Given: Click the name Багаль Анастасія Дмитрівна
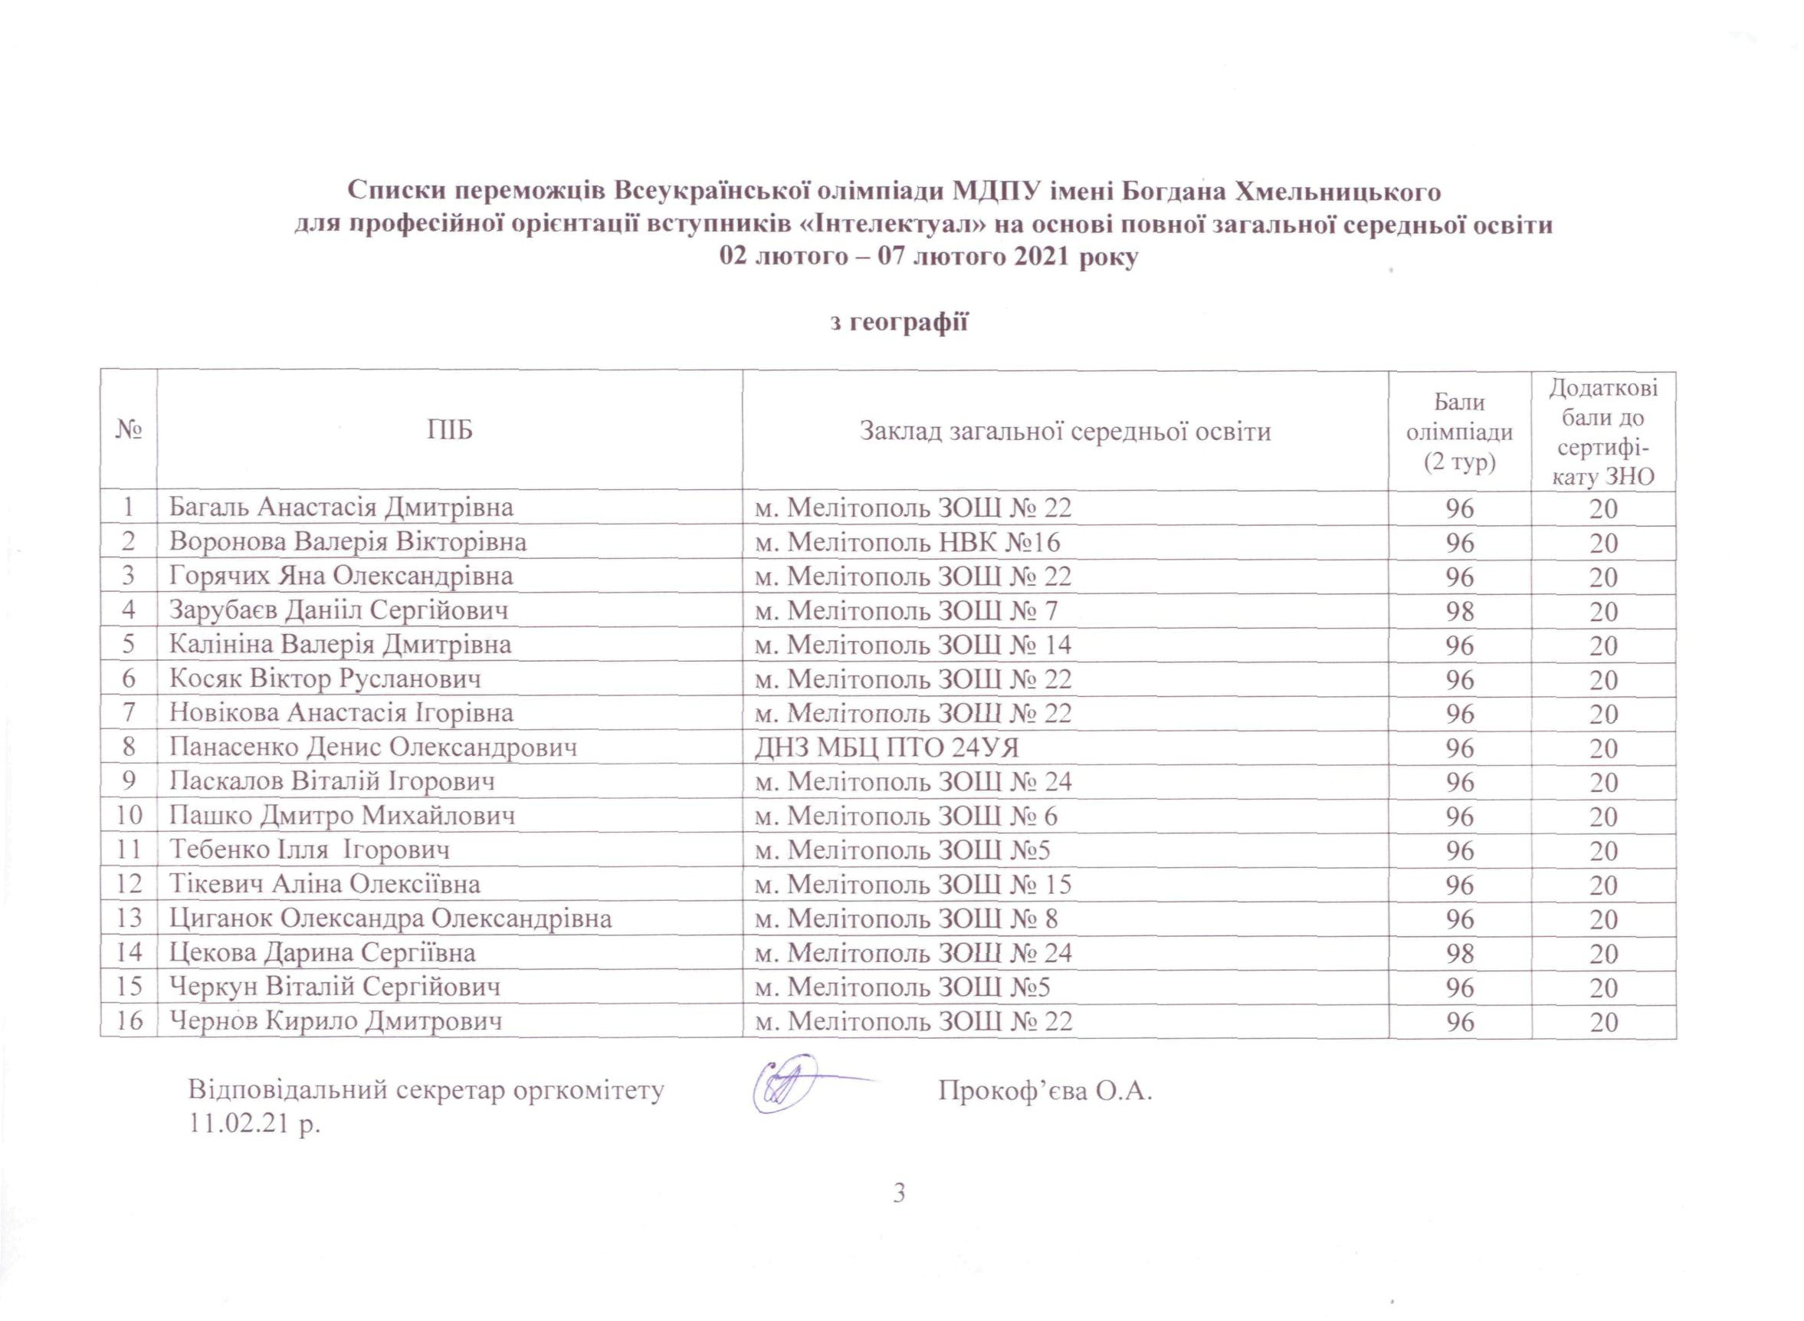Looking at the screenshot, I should [x=340, y=507].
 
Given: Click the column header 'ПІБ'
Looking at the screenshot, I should [x=449, y=431].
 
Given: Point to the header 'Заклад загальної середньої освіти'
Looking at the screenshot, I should [x=1064, y=431].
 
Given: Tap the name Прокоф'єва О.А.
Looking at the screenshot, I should [x=1045, y=1091].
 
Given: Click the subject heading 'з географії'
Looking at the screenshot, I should [x=900, y=321].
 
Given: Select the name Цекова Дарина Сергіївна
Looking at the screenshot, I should [x=322, y=952].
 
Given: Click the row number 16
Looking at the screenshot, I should [x=130, y=1021].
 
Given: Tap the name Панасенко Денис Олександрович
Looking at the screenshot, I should [x=373, y=748].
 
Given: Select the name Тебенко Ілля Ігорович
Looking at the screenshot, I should [x=309, y=850].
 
